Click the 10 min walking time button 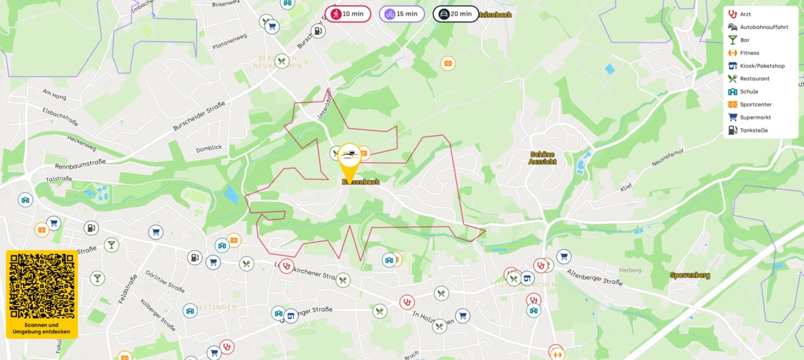(347, 14)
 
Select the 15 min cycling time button (401, 14)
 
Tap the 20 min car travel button (455, 14)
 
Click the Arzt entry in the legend (745, 14)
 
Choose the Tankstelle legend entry (753, 130)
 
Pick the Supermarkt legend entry (755, 117)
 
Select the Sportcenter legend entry (755, 104)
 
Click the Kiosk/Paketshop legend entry (761, 66)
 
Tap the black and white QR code (42, 287)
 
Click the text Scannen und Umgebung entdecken (42, 328)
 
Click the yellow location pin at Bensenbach (349, 162)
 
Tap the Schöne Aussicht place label (542, 158)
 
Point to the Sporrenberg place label (689, 275)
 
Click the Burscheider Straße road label (198, 115)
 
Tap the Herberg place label (609, 270)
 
